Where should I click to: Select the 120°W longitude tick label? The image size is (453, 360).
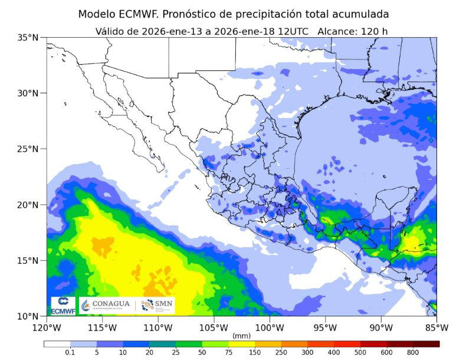[x=47, y=327]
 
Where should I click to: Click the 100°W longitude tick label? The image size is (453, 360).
[x=270, y=327]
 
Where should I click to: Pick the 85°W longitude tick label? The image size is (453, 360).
[x=436, y=327]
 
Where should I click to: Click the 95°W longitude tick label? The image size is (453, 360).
[x=325, y=327]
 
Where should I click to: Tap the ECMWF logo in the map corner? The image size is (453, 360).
[x=63, y=306]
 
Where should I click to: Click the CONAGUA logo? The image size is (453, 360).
[x=105, y=305]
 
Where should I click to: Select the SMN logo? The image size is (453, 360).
[x=156, y=305]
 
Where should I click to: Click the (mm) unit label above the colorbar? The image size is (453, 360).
[x=241, y=335]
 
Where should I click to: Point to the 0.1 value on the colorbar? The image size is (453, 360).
[x=70, y=352]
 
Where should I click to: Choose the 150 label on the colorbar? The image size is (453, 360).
[x=255, y=352]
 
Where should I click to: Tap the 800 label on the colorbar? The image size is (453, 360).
[x=413, y=352]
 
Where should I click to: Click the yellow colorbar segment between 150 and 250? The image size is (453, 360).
[x=268, y=343]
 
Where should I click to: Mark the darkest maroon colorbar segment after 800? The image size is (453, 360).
[x=426, y=343]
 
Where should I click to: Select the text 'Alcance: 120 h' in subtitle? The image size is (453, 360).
[x=353, y=31]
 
